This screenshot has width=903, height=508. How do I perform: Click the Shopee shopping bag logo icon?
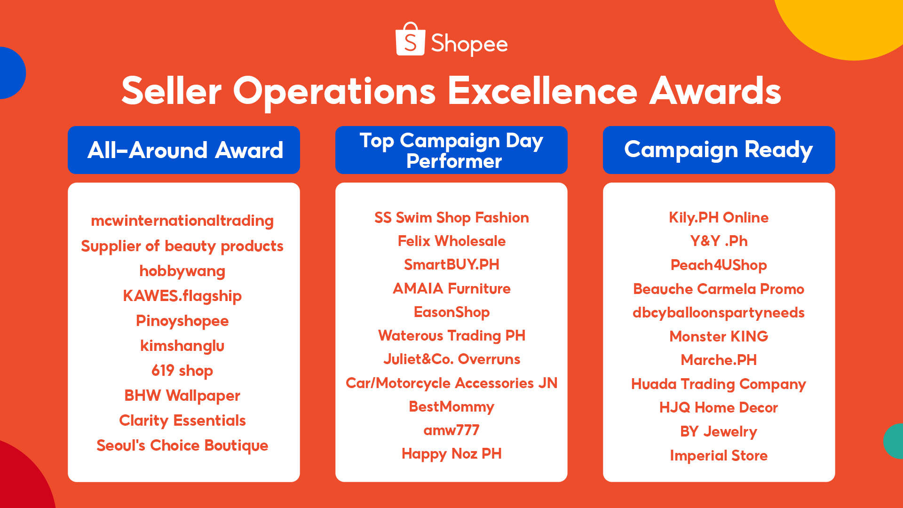[x=410, y=40]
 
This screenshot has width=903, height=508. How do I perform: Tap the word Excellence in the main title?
[x=542, y=91]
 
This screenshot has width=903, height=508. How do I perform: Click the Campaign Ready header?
[x=719, y=150]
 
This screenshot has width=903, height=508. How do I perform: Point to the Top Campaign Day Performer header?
[x=451, y=150]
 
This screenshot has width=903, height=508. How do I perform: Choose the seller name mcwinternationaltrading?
[x=182, y=221]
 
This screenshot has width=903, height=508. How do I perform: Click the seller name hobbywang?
[x=182, y=271]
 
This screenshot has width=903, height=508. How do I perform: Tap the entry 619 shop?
[x=182, y=371]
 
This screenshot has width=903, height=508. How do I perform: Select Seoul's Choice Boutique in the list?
[x=182, y=445]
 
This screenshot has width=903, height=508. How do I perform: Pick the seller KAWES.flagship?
[x=182, y=296]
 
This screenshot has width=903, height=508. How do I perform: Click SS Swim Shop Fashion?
[x=451, y=218]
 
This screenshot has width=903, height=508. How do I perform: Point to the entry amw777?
[x=451, y=430]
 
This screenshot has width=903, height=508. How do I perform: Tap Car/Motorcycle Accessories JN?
[x=451, y=383]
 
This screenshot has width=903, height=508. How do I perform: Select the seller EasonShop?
[x=451, y=312]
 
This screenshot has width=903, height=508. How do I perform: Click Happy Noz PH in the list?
[x=451, y=454]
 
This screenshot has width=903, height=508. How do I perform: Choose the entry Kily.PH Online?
[x=719, y=218]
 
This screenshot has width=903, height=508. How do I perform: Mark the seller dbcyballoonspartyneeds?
[x=719, y=313]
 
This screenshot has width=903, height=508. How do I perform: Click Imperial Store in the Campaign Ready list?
[x=719, y=455]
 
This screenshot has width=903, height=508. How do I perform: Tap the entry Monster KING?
[x=719, y=336]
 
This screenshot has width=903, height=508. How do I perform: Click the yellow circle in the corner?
[x=851, y=24]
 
